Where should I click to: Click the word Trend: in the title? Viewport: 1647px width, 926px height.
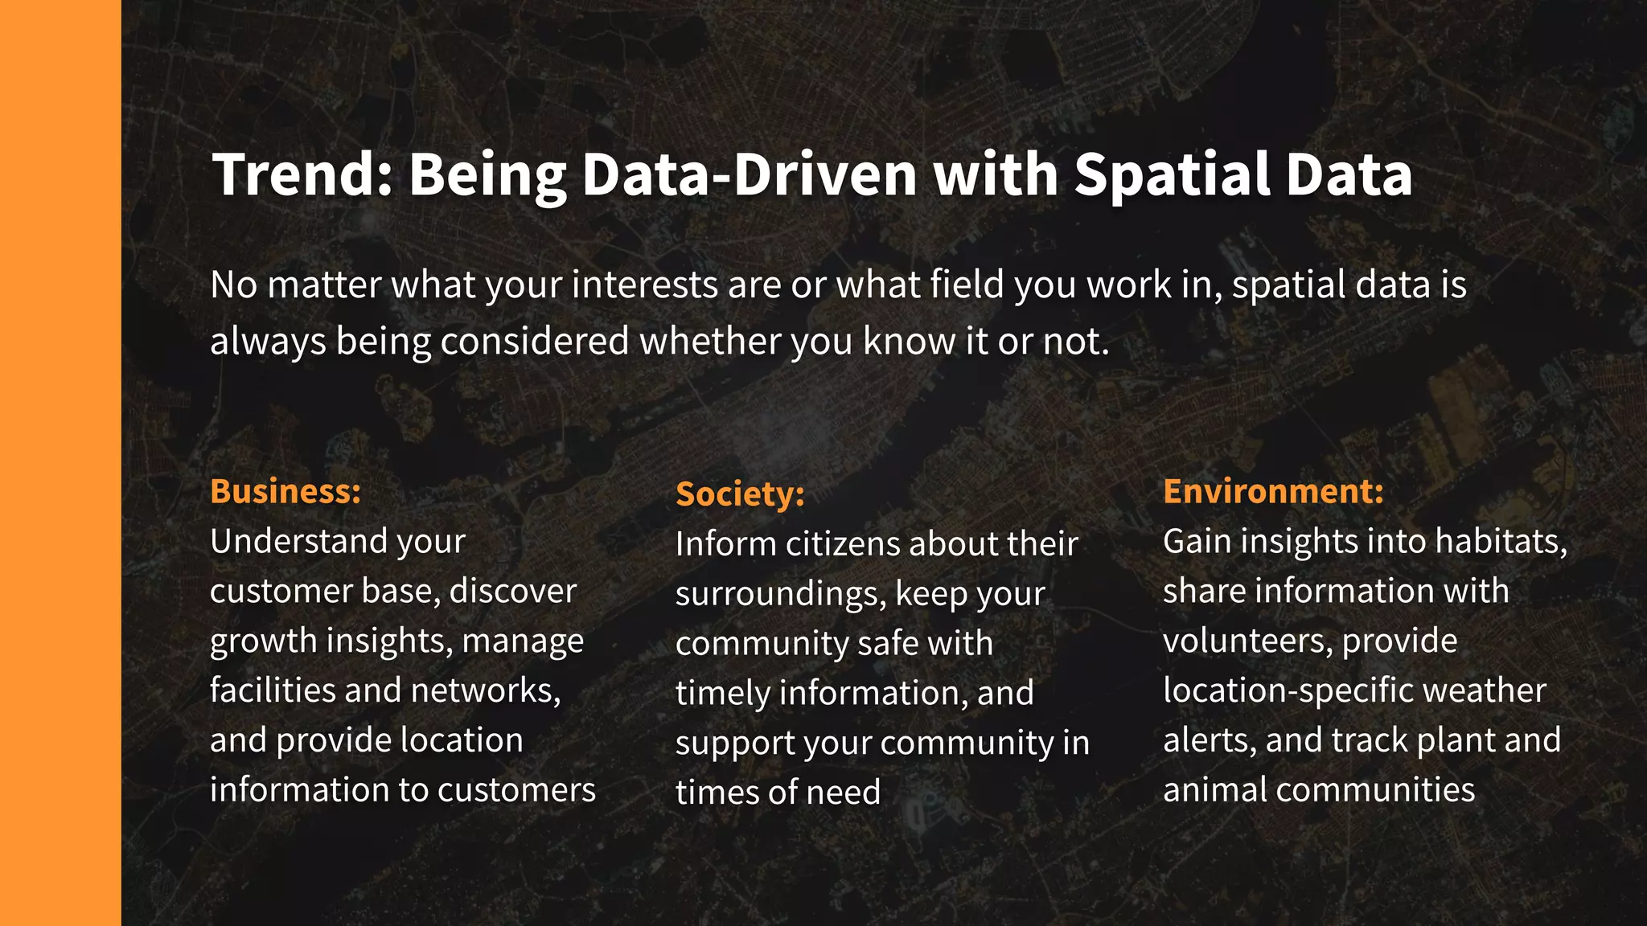tap(302, 174)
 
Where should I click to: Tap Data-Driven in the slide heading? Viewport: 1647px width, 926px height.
tap(749, 174)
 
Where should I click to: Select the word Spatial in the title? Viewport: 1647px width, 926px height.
tap(1170, 174)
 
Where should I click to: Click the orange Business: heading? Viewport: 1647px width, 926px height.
tap(285, 491)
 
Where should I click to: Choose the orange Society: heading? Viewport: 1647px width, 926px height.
tap(740, 494)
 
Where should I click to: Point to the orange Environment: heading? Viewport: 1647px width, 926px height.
tap(1273, 491)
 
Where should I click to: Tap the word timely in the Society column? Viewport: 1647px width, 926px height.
tap(721, 693)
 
